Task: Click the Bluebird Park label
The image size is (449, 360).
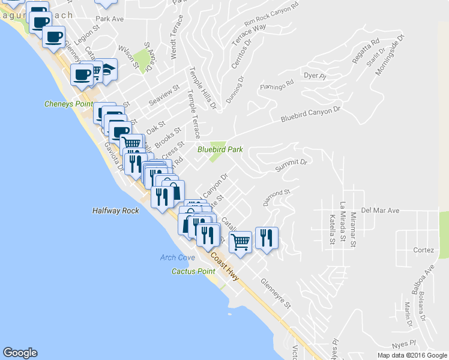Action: (x=220, y=150)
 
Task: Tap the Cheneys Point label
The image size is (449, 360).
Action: (x=68, y=104)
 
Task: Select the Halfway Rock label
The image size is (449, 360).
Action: (x=115, y=211)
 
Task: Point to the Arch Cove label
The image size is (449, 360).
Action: (x=178, y=257)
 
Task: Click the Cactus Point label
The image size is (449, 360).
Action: (x=193, y=271)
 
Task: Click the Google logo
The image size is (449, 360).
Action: (x=20, y=353)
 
